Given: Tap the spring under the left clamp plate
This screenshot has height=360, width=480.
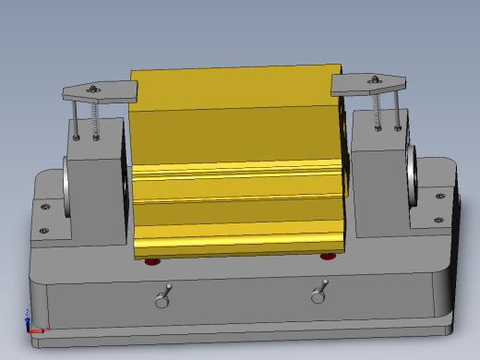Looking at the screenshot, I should tap(96, 119).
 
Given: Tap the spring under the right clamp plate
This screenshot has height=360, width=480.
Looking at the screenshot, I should tap(378, 110).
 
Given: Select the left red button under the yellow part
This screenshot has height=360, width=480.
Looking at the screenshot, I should tap(152, 261).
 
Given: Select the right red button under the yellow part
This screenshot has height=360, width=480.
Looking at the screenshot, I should tap(328, 256).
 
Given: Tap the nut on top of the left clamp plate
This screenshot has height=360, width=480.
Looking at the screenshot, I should tap(93, 89).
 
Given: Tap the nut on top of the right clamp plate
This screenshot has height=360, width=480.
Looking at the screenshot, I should tap(375, 80).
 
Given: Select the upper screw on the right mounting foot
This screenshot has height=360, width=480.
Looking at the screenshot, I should tap(439, 195).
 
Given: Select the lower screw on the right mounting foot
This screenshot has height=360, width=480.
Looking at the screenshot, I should tap(438, 219).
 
